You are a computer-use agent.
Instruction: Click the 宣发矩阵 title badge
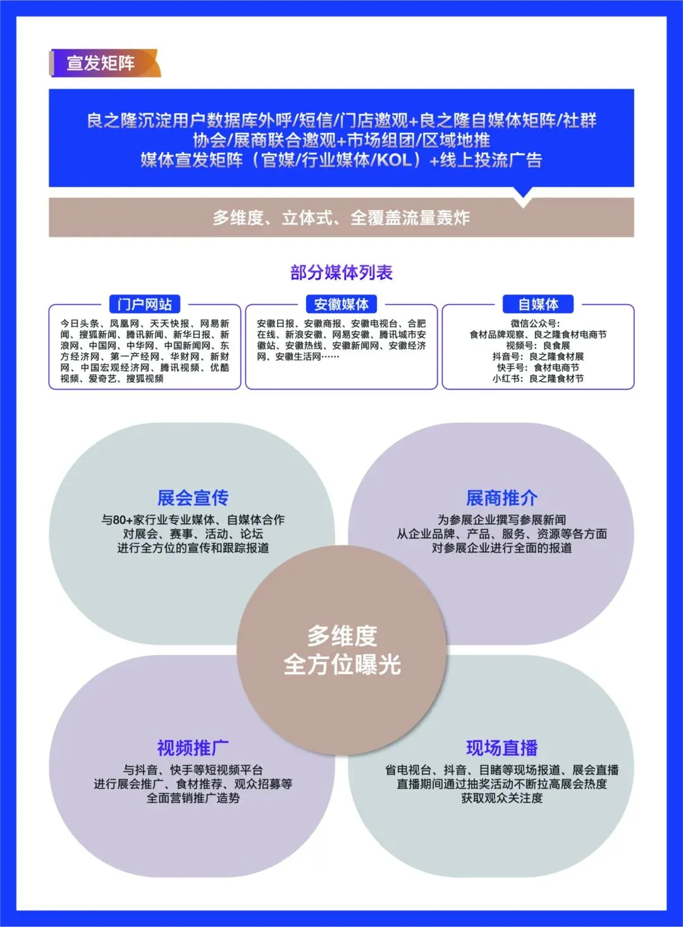pos(101,63)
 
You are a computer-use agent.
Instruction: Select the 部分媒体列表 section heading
pos(341,273)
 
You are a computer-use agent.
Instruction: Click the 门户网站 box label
pos(144,304)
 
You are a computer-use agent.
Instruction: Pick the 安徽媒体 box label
pos(341,304)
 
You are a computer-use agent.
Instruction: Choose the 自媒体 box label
pos(538,304)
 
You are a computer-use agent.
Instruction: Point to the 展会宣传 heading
pos(193,498)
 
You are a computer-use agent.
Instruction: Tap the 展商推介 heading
pos(501,498)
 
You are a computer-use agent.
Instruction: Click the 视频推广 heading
pos(193,748)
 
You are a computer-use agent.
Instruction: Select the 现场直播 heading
pos(501,748)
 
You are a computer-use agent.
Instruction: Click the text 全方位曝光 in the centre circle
pos(342,665)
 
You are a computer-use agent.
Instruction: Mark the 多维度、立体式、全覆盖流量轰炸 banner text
pos(341,218)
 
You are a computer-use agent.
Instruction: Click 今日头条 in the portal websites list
pos(79,324)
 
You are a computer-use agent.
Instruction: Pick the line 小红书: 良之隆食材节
pos(538,378)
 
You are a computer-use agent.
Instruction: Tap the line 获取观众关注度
pos(501,798)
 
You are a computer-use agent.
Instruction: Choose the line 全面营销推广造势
pos(193,798)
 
